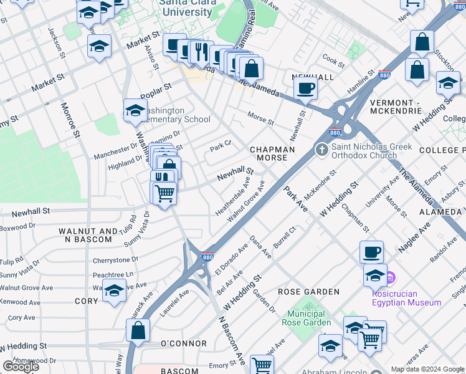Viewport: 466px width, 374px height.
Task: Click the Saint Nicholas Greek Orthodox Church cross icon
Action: [321, 150]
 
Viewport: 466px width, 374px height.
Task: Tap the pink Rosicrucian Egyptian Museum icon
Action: [390, 277]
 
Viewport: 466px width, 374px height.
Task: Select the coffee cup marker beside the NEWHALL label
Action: [305, 87]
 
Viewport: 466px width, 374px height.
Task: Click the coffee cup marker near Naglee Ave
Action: [371, 252]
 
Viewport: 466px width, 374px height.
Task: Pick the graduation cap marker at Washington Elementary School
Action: [135, 110]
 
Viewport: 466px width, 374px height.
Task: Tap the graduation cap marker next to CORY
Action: [114, 290]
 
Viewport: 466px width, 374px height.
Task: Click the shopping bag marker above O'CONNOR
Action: [138, 330]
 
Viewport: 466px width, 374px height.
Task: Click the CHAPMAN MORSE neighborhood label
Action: [272, 153]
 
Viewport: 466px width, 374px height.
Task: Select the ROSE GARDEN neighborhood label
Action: [308, 292]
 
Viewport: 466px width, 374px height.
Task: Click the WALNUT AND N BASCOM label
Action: [87, 235]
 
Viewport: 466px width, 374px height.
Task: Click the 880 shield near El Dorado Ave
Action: [207, 257]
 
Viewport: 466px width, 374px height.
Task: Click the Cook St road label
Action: [333, 63]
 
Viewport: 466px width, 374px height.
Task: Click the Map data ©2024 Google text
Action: [427, 369]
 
